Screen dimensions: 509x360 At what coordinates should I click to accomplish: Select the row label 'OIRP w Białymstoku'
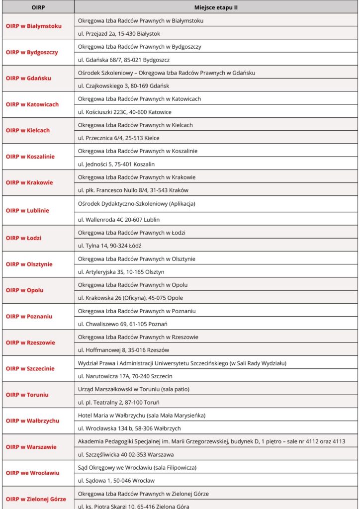tap(34, 26)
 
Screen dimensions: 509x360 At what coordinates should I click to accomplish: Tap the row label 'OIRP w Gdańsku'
tap(28, 78)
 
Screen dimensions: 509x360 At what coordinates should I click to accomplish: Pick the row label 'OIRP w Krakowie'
tap(29, 182)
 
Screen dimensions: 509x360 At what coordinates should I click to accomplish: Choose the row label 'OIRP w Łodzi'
tap(23, 238)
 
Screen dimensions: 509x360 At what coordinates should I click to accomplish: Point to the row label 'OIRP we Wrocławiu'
tap(32, 473)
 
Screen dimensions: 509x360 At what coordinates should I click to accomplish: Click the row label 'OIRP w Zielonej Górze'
tap(36, 499)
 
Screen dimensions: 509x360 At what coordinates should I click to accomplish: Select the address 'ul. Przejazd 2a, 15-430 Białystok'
tap(119, 34)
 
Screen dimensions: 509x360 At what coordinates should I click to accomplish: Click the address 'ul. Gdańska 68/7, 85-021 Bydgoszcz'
tap(124, 60)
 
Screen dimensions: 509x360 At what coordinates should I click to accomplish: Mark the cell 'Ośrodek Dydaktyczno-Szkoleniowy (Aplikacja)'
tap(137, 204)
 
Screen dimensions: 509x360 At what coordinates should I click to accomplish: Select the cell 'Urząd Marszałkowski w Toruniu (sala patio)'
tap(134, 389)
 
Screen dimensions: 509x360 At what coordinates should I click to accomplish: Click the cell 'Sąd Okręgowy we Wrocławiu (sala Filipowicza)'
tap(137, 467)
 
